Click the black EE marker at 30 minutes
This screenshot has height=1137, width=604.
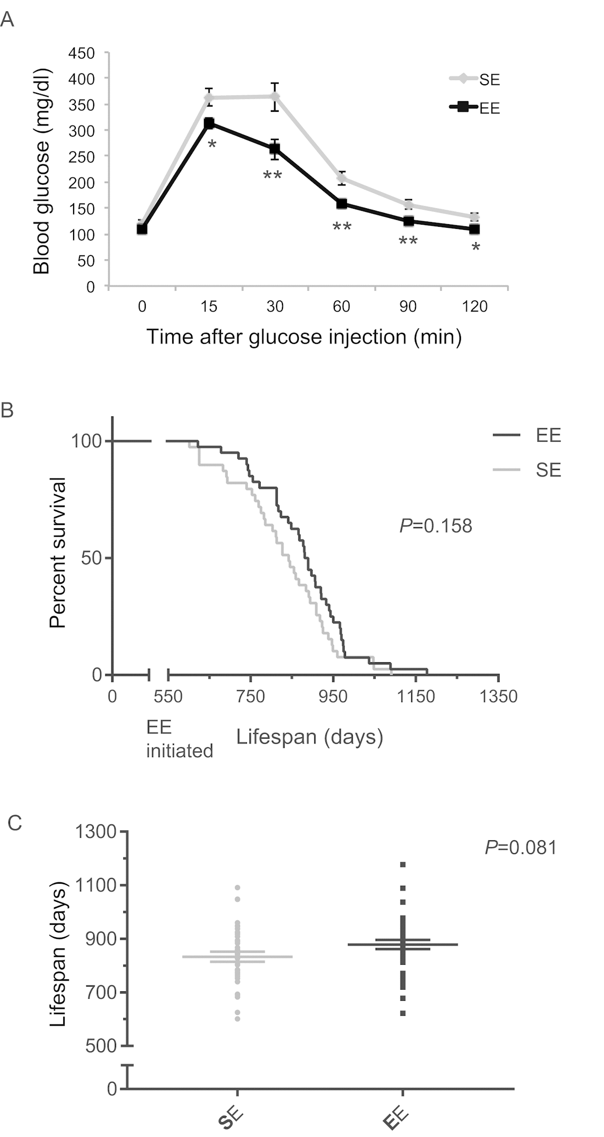(x=274, y=148)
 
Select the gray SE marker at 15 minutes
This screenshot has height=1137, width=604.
(x=209, y=97)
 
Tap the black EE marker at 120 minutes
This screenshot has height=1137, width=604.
(x=474, y=229)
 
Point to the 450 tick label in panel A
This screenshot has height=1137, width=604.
(x=82, y=54)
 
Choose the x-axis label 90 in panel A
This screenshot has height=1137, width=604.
(x=408, y=306)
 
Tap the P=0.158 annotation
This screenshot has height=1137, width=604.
(x=436, y=526)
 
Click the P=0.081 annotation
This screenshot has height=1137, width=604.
(x=521, y=848)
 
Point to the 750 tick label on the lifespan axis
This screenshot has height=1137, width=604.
(x=251, y=696)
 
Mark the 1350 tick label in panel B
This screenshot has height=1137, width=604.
(x=498, y=696)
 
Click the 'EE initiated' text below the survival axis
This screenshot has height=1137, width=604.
(x=179, y=739)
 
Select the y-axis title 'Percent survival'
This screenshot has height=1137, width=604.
(x=58, y=553)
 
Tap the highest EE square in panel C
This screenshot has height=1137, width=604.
(x=403, y=865)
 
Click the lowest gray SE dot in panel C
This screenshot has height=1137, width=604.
(x=237, y=1019)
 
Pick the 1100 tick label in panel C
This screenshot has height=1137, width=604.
(x=95, y=885)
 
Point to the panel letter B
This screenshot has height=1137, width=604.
(x=7, y=410)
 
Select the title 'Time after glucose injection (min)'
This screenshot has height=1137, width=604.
(x=304, y=337)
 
